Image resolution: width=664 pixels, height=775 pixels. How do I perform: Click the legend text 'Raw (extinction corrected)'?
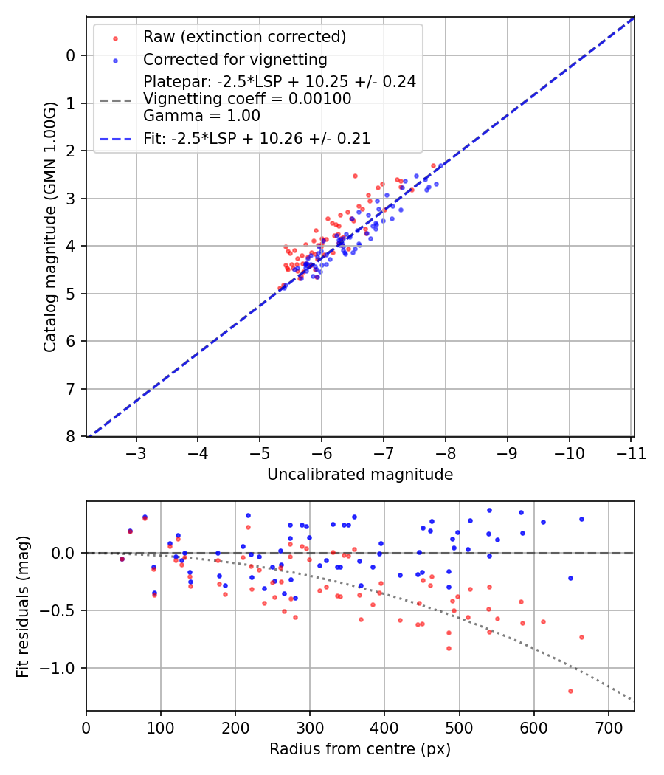(244, 37)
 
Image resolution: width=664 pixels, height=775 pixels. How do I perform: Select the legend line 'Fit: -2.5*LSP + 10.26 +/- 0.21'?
(114, 138)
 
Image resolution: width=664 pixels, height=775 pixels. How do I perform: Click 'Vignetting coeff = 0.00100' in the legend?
(247, 99)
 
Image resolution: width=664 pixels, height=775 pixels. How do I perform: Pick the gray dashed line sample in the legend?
(114, 99)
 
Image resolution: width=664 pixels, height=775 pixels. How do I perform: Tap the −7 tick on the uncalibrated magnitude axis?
(383, 452)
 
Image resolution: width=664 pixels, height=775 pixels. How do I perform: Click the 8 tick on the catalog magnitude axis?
(71, 437)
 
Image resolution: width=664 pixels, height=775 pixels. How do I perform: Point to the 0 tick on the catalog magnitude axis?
(71, 55)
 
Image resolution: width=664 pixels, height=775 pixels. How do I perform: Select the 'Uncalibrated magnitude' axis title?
(360, 475)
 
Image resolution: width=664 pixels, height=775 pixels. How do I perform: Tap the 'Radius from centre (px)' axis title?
(360, 749)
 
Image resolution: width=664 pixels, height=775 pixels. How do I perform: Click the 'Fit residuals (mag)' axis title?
(23, 607)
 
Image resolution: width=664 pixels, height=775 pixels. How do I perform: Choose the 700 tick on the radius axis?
(608, 727)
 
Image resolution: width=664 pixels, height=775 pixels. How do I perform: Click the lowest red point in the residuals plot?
(570, 691)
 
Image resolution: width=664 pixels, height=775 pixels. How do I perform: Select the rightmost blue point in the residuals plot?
(581, 519)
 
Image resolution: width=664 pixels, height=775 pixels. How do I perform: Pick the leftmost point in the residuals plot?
(122, 559)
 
